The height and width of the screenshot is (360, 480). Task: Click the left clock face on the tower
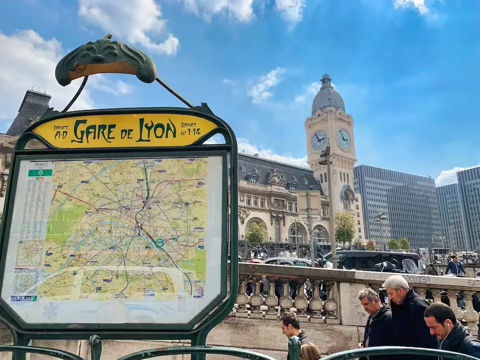pyautogui.click(x=319, y=140)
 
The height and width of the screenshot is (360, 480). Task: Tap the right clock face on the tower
pyautogui.click(x=344, y=139)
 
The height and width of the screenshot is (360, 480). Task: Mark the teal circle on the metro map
pyautogui.click(x=159, y=242)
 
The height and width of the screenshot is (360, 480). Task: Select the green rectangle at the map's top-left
pyautogui.click(x=40, y=173)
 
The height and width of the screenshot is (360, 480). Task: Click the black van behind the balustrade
pyautogui.click(x=374, y=261)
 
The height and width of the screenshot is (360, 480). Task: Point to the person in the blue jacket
pyautogui.click(x=455, y=266)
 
